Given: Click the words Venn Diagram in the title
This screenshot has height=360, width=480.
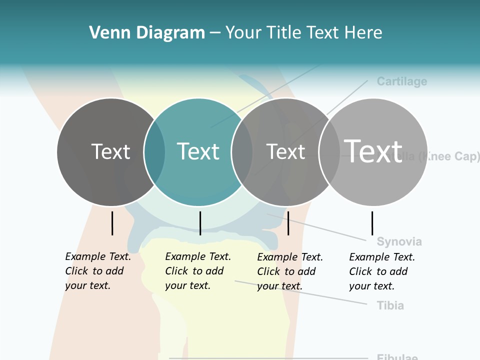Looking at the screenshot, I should coord(147,32).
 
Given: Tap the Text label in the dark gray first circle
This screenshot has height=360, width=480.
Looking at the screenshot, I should coord(110,151).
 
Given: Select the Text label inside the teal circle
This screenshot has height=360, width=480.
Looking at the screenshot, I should coord(198,151).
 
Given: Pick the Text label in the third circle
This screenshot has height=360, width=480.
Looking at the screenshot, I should coord(285,151).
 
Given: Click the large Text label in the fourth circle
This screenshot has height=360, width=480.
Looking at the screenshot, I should coord(373,150).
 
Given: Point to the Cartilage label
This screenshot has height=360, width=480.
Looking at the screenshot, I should coord(401,81).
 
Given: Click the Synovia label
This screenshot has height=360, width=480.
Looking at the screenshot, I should coord(399,241).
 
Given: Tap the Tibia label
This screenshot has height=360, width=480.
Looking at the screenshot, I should coord(390,305).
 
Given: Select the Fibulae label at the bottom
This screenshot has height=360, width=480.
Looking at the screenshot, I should coord(397,357).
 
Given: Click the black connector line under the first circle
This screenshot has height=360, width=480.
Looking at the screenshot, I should coord(112,223).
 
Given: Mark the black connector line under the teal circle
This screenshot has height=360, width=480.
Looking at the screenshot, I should coord(200,223).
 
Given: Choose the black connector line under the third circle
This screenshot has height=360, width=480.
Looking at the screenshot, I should coord(288,223).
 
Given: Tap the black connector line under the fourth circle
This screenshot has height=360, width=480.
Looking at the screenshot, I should coord(372,223).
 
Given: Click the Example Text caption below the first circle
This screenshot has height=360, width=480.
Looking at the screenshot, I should coord(97,271).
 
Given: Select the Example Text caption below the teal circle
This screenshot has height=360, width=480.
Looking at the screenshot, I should coord(197,271).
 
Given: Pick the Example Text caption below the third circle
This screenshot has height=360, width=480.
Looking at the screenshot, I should coord(289,271).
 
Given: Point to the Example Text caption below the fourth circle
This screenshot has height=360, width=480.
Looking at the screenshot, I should coord(381,271).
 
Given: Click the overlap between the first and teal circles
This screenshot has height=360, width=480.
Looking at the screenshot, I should coord(155,152).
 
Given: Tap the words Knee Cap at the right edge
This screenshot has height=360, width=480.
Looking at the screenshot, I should coord(450,156).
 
